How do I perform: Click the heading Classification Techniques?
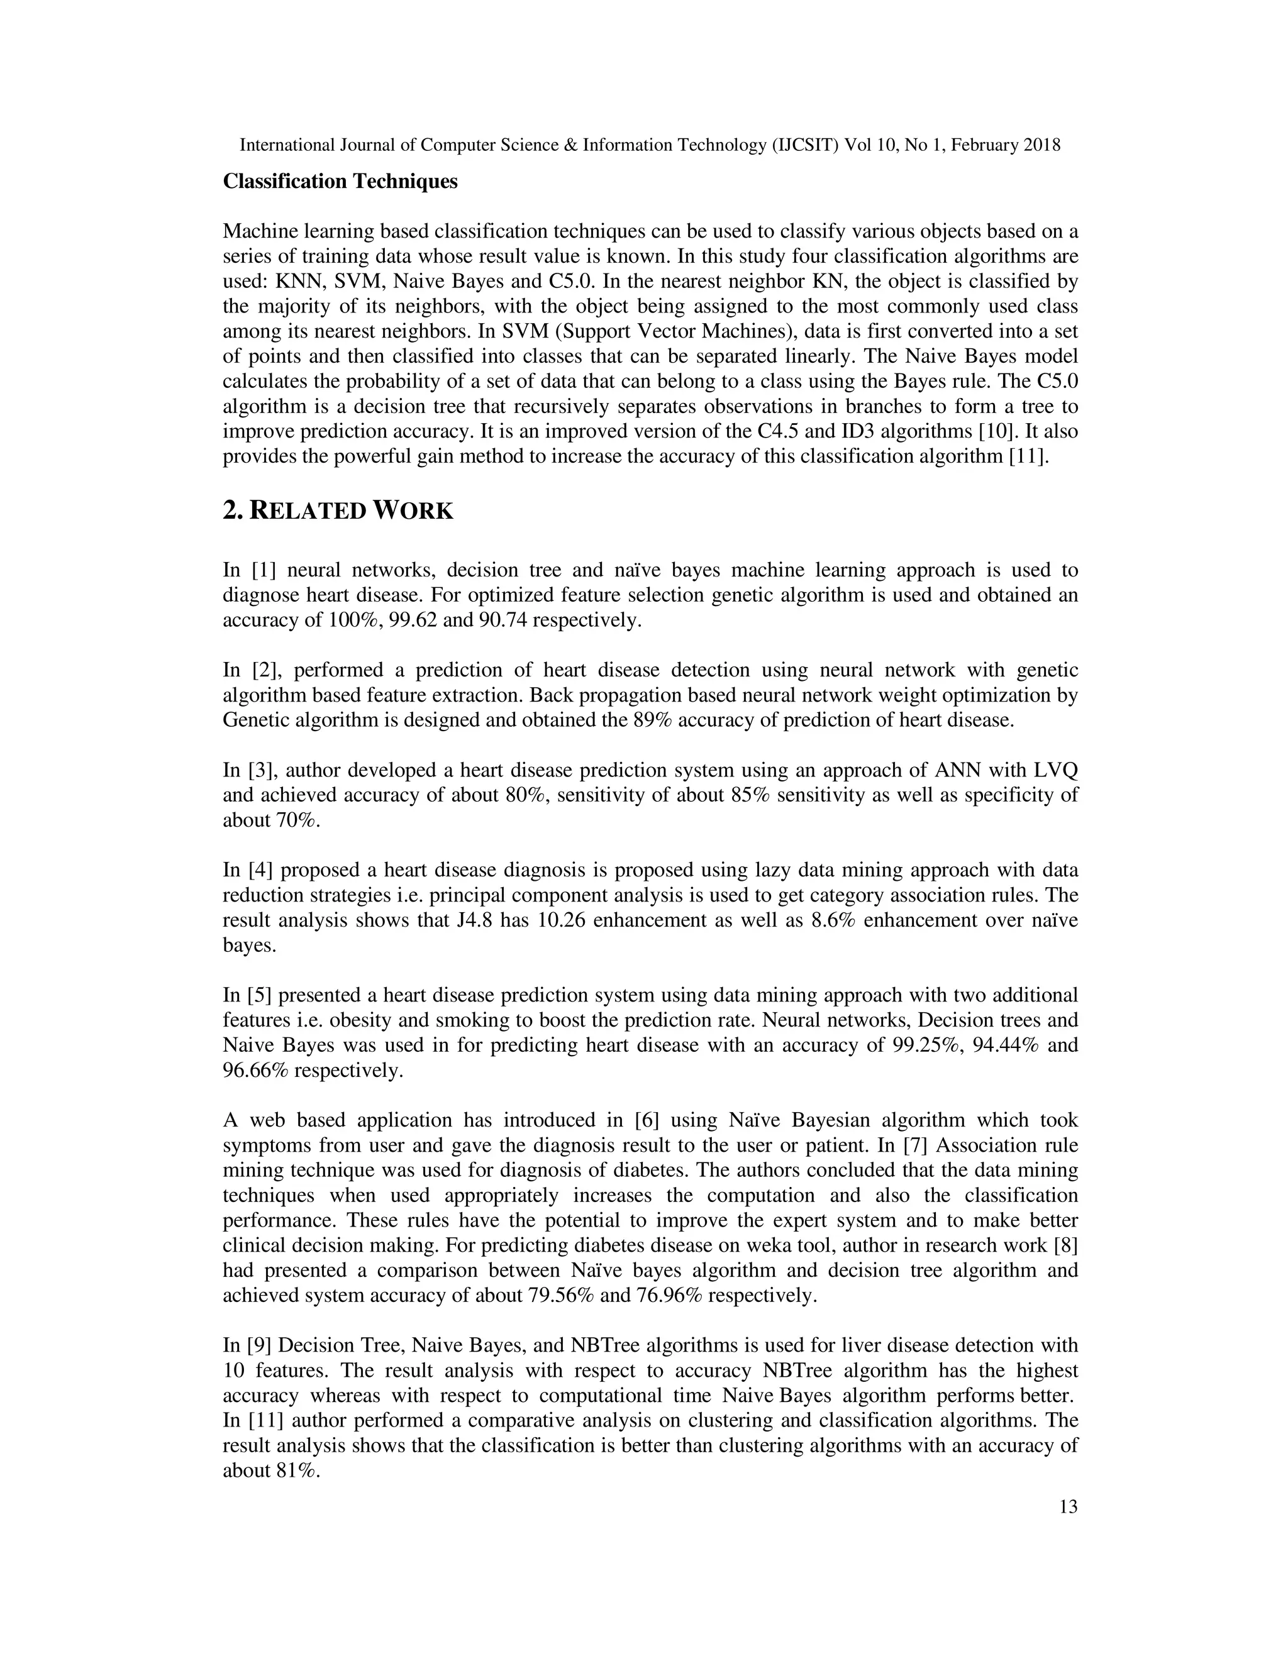coord(340,182)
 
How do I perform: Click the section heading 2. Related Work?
coord(337,511)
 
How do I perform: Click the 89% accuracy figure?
coord(652,720)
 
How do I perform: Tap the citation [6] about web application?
coord(647,1120)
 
